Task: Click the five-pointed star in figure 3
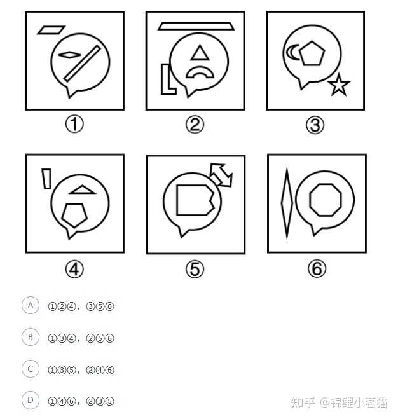(339, 85)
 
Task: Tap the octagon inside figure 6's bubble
(326, 200)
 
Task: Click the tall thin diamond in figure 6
(287, 203)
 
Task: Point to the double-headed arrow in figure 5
(221, 175)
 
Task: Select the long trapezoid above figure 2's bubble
(196, 26)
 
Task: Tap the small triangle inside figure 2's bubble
(200, 53)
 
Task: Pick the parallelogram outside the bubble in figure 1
(51, 30)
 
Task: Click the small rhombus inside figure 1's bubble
(69, 55)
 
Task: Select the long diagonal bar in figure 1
(82, 64)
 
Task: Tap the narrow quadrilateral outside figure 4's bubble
(46, 179)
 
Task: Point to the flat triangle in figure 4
(82, 190)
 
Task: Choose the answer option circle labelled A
(31, 305)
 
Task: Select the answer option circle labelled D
(31, 401)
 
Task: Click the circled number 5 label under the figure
(195, 269)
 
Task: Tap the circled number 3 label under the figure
(315, 125)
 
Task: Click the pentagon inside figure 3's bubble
(312, 53)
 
